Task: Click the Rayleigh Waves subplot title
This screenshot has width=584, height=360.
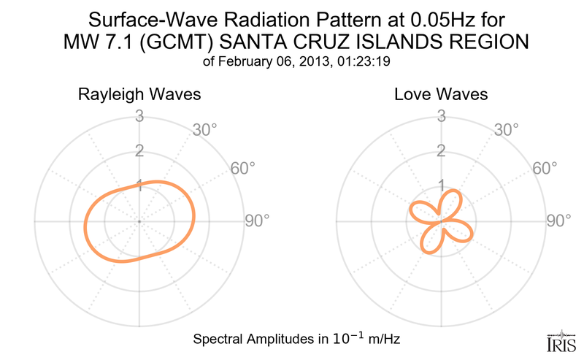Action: coord(139,95)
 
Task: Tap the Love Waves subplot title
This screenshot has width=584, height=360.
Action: coord(441,95)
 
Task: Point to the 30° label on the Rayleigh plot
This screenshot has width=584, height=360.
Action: coord(204,131)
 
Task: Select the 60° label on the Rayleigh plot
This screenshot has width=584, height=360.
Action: coord(243,168)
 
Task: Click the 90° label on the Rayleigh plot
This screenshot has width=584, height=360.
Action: coord(257,221)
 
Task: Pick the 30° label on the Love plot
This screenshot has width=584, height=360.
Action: coord(507,131)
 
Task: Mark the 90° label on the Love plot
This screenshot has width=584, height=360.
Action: coord(559,221)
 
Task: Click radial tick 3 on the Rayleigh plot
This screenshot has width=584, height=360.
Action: coord(139,116)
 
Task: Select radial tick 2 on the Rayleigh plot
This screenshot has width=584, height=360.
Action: coord(139,151)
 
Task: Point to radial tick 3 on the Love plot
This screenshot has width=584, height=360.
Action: coord(441,116)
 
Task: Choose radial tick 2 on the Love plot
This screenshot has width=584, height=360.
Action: coord(441,151)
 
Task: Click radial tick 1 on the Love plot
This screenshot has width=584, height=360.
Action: coord(441,185)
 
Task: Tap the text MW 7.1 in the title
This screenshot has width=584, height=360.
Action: coord(99,42)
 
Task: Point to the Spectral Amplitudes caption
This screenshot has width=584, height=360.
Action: coord(296,340)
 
